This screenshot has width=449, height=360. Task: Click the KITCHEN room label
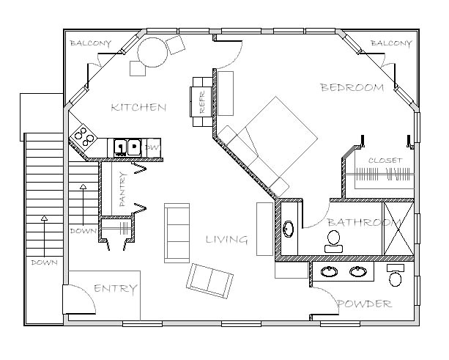(x=138, y=108)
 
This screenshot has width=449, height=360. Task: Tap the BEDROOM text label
(x=352, y=88)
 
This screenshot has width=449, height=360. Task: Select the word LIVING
(x=226, y=240)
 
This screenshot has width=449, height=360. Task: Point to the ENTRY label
(x=116, y=289)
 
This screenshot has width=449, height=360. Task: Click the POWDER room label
(x=365, y=304)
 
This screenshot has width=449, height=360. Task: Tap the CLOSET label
(x=385, y=160)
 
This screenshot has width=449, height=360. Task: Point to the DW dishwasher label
(x=152, y=148)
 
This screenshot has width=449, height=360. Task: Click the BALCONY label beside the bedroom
(x=390, y=43)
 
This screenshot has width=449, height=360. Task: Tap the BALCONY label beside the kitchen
(x=90, y=43)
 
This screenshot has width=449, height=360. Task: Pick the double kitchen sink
(x=127, y=147)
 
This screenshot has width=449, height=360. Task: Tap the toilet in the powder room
(x=396, y=276)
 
